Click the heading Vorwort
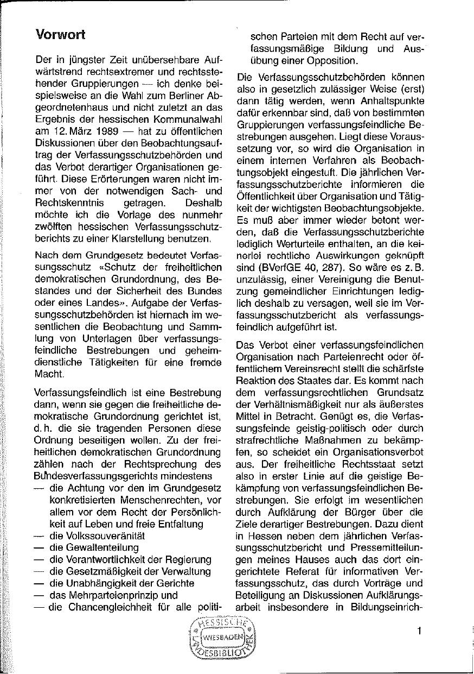tap(60, 34)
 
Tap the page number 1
tap(419, 631)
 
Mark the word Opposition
tap(330, 60)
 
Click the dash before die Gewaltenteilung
tap(39, 547)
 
